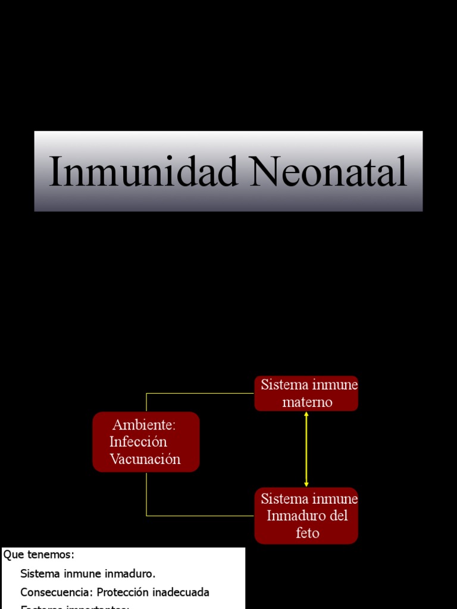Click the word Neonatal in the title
click(329, 172)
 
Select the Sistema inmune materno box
click(306, 393)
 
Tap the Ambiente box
click(146, 442)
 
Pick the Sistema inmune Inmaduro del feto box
click(306, 516)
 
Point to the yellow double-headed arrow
click(306, 449)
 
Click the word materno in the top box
click(307, 403)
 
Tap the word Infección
click(138, 442)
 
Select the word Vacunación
click(145, 459)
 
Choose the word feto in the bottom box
click(307, 533)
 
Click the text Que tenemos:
click(39, 555)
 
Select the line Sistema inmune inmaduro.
click(88, 574)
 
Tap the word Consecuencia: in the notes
click(56, 593)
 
